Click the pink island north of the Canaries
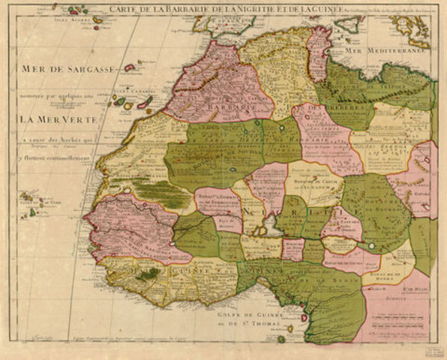130,67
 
